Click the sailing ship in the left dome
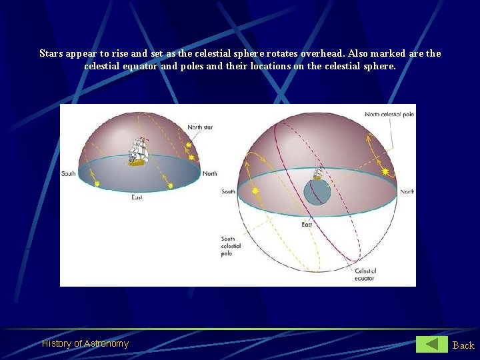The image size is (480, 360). (x=138, y=151)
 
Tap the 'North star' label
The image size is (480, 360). (x=200, y=127)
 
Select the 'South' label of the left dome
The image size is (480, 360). (x=69, y=174)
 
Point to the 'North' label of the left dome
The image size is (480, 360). (x=209, y=174)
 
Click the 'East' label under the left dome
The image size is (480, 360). (x=137, y=197)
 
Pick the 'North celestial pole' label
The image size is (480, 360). (x=389, y=115)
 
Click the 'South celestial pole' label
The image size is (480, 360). (x=231, y=246)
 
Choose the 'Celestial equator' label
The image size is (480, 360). (x=365, y=274)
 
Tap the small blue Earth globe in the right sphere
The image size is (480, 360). (x=317, y=192)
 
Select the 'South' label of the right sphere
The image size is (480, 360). (x=229, y=192)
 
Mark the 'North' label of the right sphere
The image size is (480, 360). (x=407, y=192)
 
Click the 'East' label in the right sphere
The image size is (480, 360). (x=307, y=225)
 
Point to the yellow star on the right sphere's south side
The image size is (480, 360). (x=255, y=191)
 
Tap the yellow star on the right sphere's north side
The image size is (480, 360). (x=385, y=171)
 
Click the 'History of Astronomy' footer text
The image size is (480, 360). (x=85, y=344)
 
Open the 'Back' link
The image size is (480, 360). (x=463, y=345)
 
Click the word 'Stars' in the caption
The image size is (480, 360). (x=51, y=53)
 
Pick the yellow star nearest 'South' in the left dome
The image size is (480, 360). (x=97, y=183)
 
